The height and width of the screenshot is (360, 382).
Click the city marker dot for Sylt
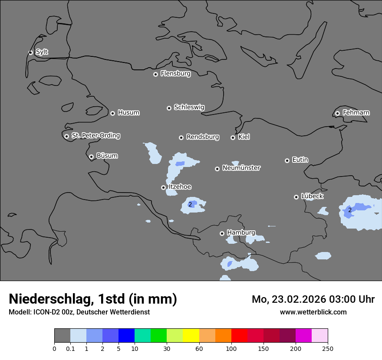click(x=31, y=52)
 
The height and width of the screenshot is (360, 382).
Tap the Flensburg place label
click(x=175, y=74)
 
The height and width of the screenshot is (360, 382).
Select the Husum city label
click(x=128, y=113)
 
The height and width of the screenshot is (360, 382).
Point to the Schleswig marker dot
click(x=169, y=108)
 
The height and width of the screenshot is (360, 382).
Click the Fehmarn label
click(x=356, y=113)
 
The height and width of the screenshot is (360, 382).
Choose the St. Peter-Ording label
click(x=95, y=136)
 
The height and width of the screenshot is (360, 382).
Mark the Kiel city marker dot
click(x=233, y=137)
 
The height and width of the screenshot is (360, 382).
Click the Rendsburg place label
click(x=202, y=137)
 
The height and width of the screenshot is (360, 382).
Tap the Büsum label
click(x=107, y=156)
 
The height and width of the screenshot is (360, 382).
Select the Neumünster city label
click(x=241, y=168)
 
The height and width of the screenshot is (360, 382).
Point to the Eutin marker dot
click(x=287, y=160)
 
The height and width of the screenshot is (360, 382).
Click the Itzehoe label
click(x=179, y=187)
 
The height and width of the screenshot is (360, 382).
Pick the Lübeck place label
click(x=312, y=196)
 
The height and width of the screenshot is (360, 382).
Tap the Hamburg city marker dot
click(x=222, y=233)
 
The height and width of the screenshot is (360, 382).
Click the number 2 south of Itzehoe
click(x=190, y=204)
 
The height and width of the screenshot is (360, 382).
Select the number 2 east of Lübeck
click(x=350, y=210)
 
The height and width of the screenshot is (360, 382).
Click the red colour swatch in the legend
click(x=239, y=336)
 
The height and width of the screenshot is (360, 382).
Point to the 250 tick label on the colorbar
click(x=328, y=348)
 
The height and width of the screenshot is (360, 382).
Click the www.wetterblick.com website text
click(x=313, y=312)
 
